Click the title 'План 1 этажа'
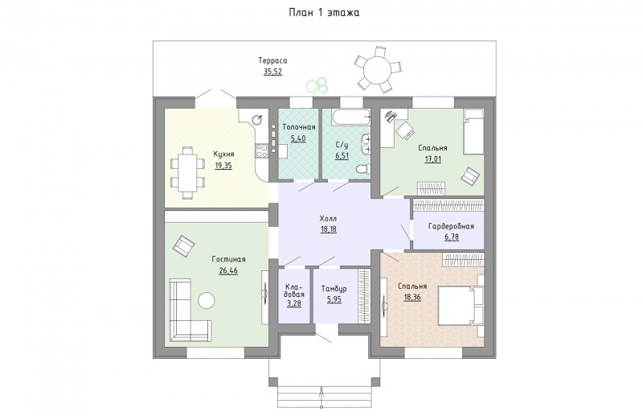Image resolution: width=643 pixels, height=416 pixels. [324, 13]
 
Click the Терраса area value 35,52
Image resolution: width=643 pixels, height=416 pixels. [272, 72]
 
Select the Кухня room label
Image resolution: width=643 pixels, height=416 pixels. [223, 154]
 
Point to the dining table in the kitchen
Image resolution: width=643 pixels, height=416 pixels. [187, 173]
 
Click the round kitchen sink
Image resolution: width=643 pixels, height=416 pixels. [257, 120]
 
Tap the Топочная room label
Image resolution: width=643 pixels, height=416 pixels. [299, 127]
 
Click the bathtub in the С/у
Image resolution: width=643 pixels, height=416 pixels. [350, 117]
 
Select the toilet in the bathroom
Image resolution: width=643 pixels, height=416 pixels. [363, 168]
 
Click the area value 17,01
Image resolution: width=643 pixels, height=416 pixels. [432, 159]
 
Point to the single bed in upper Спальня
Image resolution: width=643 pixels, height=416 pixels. [473, 131]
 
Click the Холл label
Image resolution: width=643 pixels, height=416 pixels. [328, 219]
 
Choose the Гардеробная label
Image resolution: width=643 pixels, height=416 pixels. [451, 226]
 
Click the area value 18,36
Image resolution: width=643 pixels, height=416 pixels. [412, 298]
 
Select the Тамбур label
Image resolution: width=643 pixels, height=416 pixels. [334, 289]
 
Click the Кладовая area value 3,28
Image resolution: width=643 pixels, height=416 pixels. [294, 304]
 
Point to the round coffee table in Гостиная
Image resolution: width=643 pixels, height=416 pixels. [207, 300]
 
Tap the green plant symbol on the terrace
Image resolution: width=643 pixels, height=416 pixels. [317, 85]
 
